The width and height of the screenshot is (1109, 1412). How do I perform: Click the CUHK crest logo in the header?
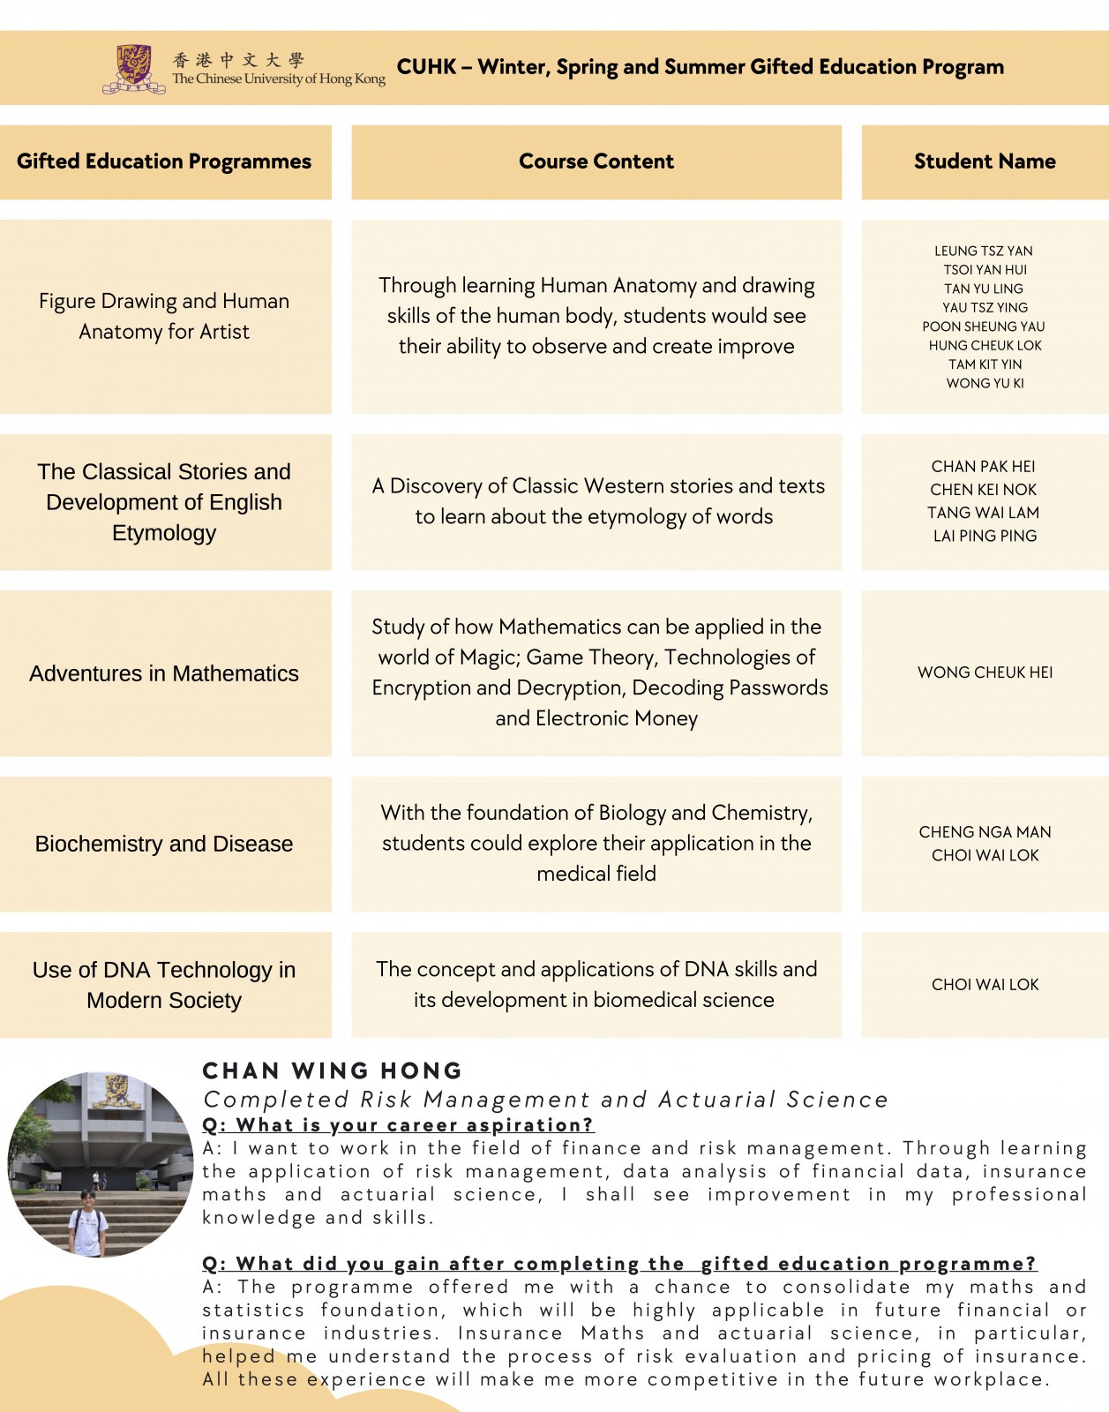133,69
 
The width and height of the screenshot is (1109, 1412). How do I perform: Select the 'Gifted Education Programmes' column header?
164,161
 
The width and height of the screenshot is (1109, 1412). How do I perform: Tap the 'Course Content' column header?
596,161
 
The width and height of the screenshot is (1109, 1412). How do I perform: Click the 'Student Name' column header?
985,161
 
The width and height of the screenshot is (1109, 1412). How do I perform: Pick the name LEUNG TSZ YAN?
984,252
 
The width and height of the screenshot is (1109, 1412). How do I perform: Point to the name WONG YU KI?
985,384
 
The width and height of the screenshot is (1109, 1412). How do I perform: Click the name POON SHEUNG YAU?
984,327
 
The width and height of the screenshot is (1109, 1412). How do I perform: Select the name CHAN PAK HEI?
984,467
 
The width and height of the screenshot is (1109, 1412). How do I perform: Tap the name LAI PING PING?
985,536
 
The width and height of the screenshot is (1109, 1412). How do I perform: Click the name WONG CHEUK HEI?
985,672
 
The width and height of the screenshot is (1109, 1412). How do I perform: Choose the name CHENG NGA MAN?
985,832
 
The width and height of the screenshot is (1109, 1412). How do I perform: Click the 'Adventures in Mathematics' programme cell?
164,673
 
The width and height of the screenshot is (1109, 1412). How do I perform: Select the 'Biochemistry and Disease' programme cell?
164,844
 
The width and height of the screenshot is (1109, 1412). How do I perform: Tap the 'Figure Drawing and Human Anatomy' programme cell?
164,316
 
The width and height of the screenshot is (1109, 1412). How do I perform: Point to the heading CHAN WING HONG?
333,1071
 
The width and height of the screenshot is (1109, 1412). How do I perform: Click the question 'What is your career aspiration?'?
398,1125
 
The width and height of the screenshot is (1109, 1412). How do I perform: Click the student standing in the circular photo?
88,1222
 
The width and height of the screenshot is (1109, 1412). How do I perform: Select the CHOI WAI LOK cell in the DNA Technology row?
985,985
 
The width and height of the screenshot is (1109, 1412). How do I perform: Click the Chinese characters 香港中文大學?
238,60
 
